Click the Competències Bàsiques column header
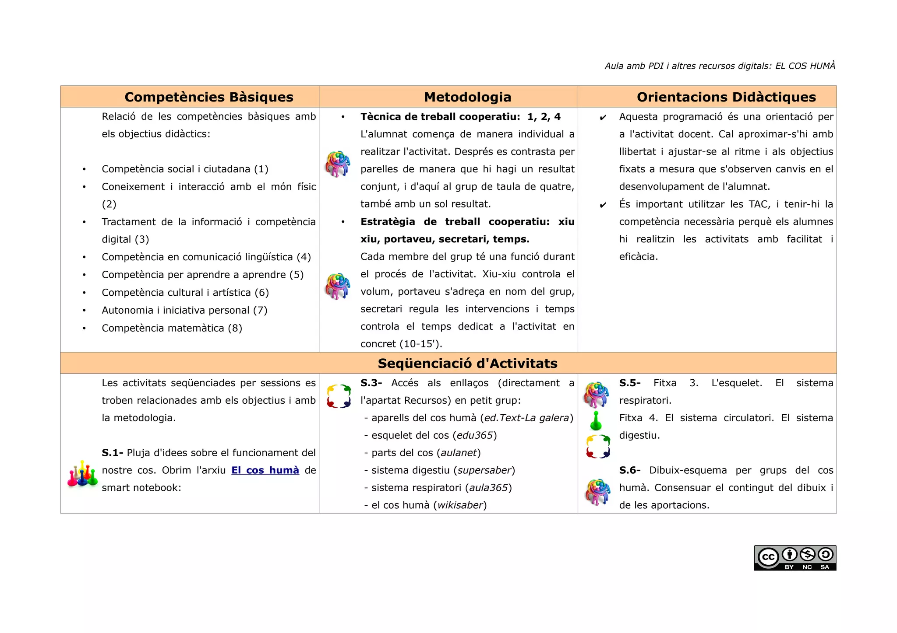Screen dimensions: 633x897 208,97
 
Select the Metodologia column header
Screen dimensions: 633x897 467,97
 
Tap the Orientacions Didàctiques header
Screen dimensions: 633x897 726,97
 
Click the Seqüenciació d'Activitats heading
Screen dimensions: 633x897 467,363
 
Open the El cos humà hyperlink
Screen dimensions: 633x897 265,470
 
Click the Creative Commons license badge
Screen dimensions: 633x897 795,558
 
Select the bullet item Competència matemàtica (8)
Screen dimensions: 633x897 172,328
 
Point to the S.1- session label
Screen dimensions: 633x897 112,453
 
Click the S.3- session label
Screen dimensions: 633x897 371,383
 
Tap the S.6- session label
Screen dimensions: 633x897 629,470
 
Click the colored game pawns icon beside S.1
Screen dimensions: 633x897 82,474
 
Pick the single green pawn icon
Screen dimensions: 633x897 596,421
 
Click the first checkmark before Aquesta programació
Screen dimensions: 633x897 603,117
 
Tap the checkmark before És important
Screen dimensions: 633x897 603,205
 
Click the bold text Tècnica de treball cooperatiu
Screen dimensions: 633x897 440,117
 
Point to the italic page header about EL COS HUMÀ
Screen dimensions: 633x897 720,66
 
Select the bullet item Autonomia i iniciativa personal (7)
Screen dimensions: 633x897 184,310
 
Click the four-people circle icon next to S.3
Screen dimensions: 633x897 339,396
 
